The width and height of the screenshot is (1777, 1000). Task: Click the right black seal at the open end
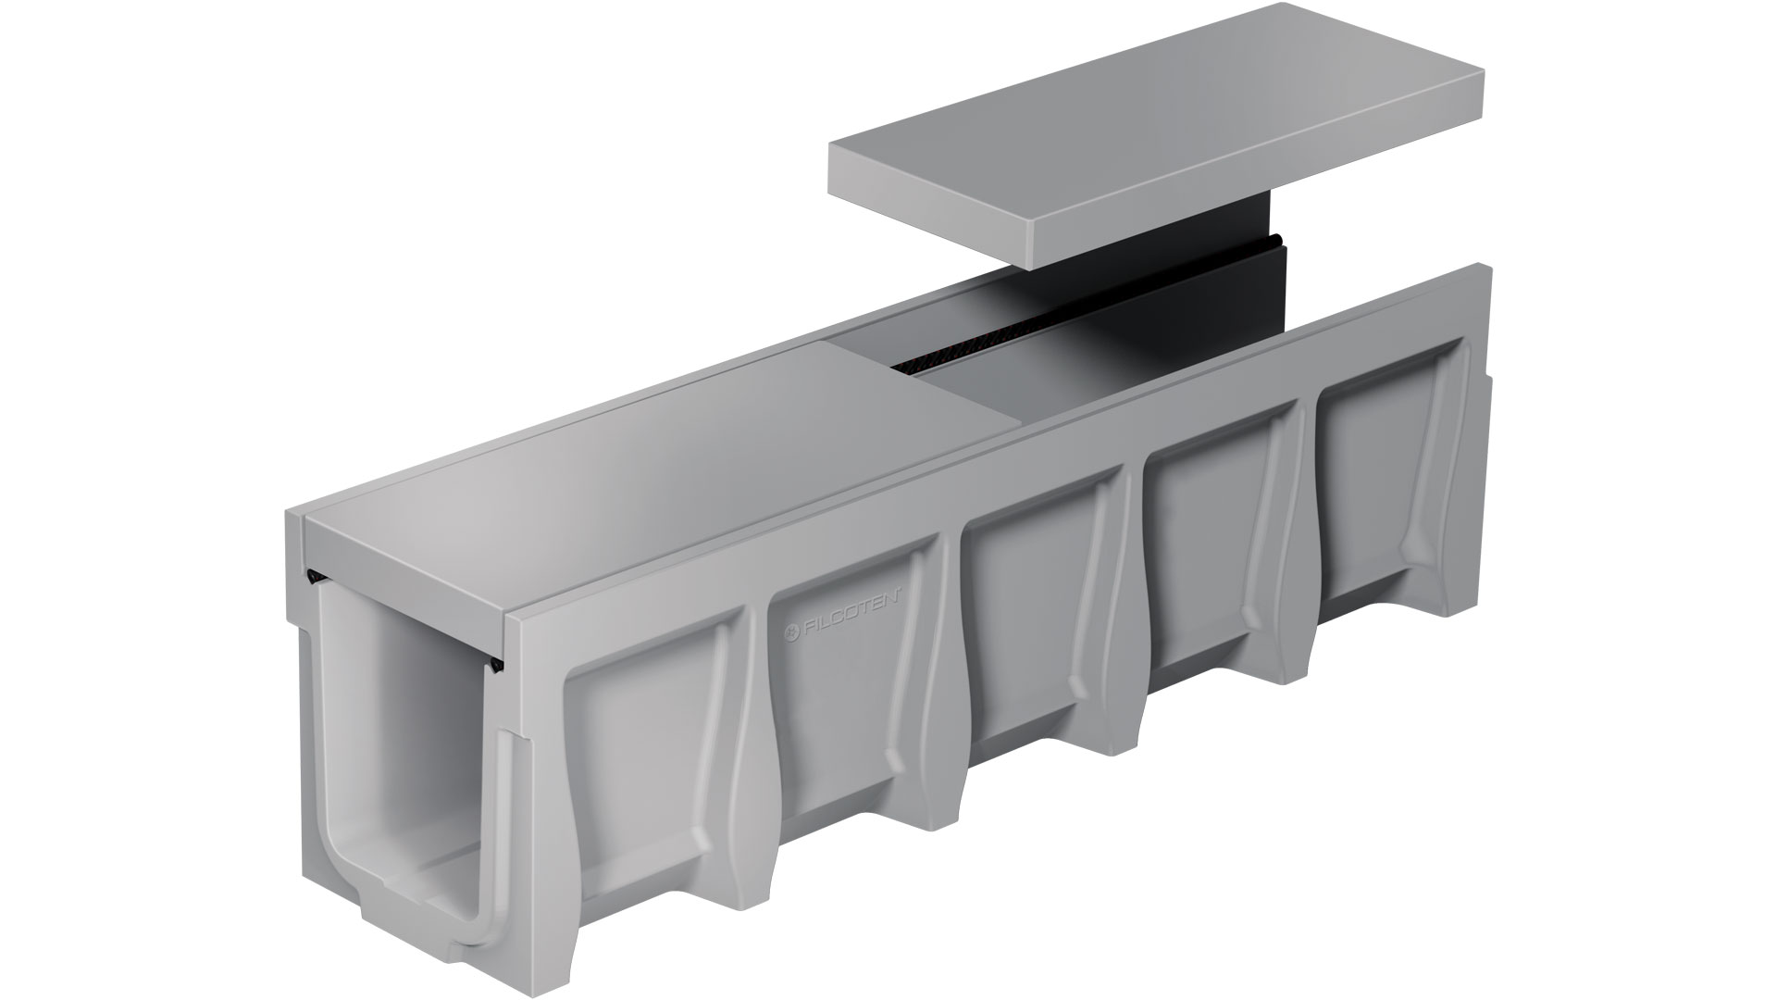pos(499,662)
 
